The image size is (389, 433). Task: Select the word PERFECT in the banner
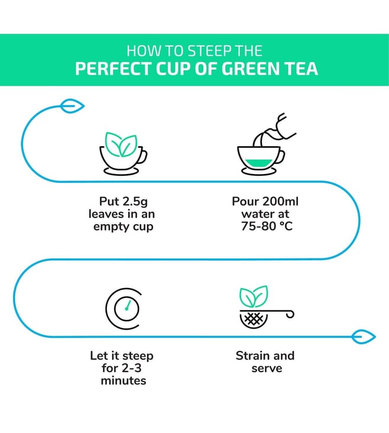coord(114,69)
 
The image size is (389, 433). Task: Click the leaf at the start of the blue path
coord(72,106)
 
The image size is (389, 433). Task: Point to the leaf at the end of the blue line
coord(364,337)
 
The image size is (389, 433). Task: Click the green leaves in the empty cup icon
coord(121,144)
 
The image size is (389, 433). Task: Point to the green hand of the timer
coord(128,305)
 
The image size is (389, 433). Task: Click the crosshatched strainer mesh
coord(254,319)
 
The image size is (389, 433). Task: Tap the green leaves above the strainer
coord(254,296)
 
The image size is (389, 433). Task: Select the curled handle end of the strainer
coord(290,314)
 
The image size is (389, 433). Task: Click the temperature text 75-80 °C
coord(267,226)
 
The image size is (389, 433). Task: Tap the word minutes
coord(124,380)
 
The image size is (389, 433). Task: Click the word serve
coord(267,369)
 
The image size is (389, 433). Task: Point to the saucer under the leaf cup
coord(121,172)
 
